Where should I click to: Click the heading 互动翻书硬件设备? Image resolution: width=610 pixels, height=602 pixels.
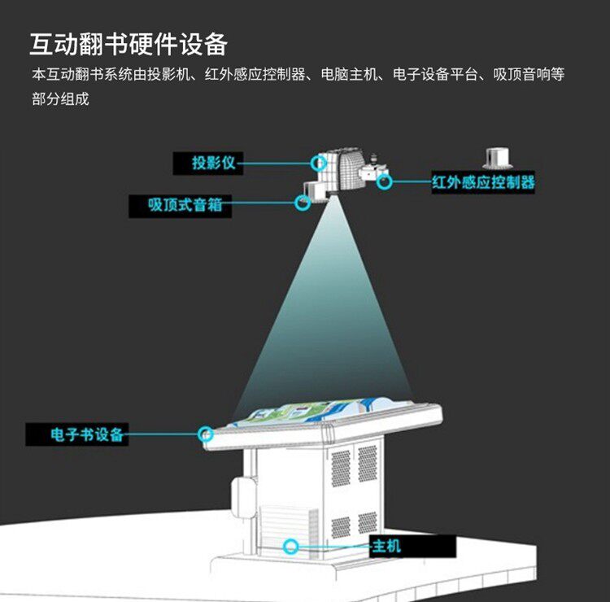coord(128,43)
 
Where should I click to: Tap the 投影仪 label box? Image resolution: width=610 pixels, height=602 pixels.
coord(213,163)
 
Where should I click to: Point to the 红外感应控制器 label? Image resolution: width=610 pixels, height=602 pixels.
coord(483,182)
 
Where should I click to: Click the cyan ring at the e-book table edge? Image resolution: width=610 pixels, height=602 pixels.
coord(206,433)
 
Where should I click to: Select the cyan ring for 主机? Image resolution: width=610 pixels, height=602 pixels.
coord(290,545)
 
